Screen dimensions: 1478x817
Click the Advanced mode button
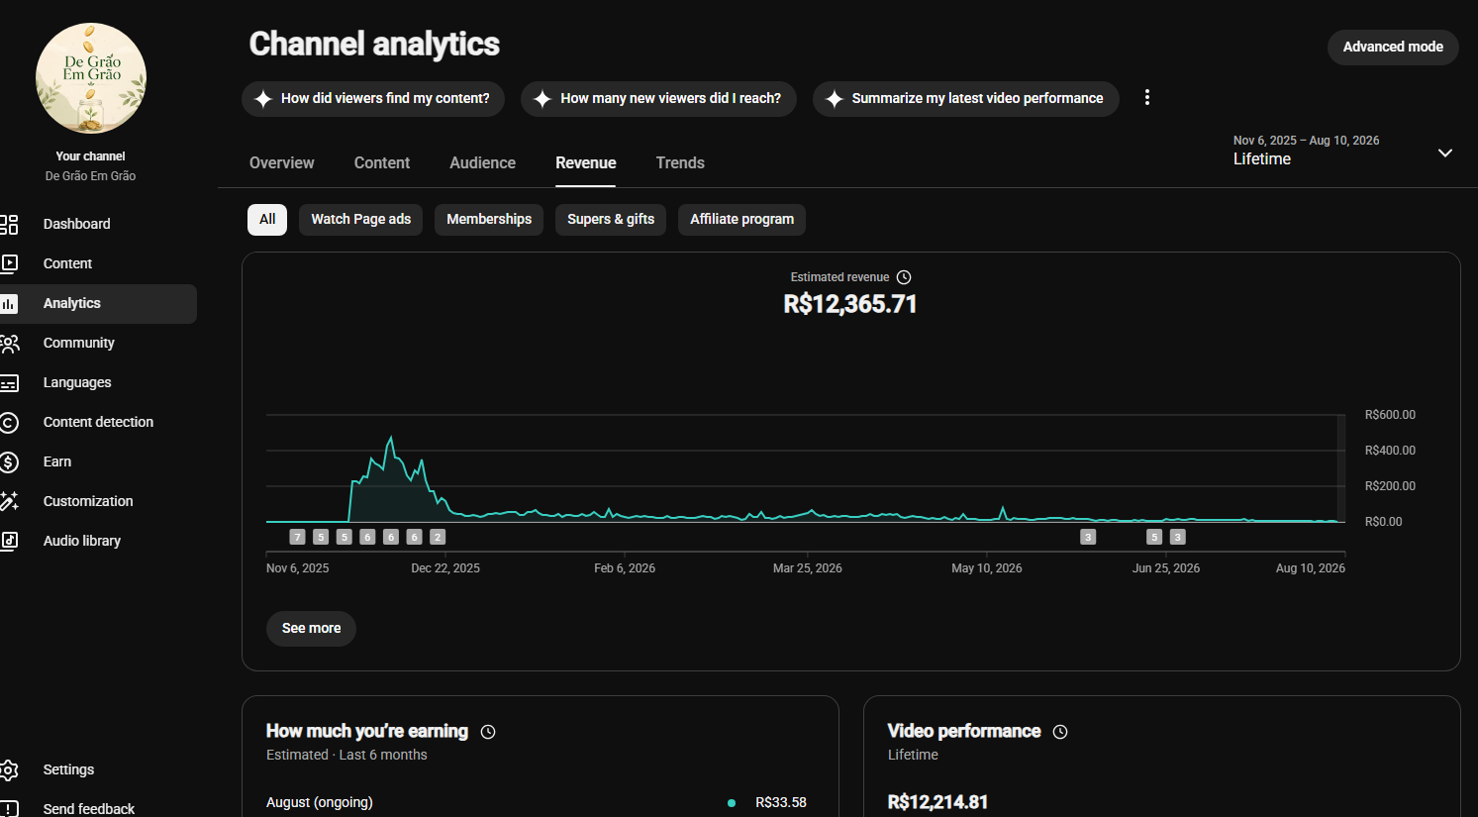click(1392, 47)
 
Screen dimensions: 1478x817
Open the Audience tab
click(482, 163)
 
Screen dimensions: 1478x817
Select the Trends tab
click(680, 163)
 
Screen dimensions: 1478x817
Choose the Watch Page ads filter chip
click(361, 219)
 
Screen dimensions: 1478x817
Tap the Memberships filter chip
click(489, 219)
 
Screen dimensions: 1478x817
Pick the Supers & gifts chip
click(611, 219)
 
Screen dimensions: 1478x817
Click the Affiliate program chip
click(741, 219)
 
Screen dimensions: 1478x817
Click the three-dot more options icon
click(1147, 98)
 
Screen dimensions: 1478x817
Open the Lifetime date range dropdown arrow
click(1445, 153)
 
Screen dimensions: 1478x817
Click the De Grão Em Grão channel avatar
click(91, 78)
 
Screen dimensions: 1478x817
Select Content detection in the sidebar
click(98, 422)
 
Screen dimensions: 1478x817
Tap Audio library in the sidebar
click(82, 541)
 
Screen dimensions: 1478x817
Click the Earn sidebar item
click(56, 461)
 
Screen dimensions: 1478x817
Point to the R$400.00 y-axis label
click(1390, 450)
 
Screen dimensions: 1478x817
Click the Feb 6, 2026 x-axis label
click(625, 568)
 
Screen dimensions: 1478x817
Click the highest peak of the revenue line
click(391, 436)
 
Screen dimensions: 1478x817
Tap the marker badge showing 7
click(298, 537)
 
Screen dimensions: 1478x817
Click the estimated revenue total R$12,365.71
click(849, 304)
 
